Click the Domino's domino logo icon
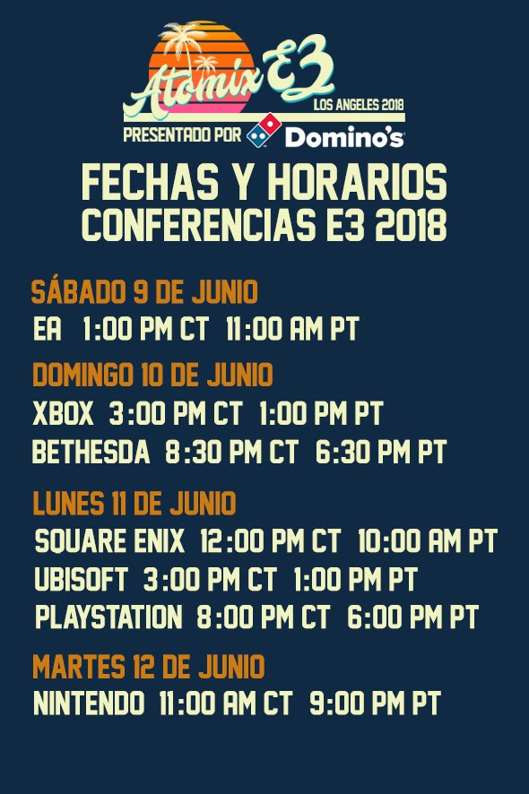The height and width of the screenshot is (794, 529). click(x=268, y=136)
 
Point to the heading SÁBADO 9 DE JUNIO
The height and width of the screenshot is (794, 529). click(x=144, y=292)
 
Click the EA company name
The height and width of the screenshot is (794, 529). click(x=47, y=329)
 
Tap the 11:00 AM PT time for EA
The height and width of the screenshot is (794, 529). click(x=292, y=329)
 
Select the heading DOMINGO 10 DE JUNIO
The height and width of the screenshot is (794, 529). click(x=152, y=374)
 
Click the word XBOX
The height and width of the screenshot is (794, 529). click(x=63, y=414)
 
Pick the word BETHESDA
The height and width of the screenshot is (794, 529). click(x=91, y=453)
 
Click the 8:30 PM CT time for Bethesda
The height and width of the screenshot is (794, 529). click(x=231, y=453)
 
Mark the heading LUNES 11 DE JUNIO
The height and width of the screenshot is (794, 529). click(x=134, y=504)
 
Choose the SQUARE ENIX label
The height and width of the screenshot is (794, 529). click(x=109, y=541)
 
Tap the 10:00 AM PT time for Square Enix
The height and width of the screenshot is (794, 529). click(x=427, y=541)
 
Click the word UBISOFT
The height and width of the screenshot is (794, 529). click(x=81, y=579)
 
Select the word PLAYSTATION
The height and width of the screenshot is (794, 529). click(x=108, y=617)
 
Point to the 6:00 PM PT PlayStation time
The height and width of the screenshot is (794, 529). click(x=413, y=617)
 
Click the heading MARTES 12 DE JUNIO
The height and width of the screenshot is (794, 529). click(x=149, y=667)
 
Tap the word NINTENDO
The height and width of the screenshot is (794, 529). click(x=89, y=703)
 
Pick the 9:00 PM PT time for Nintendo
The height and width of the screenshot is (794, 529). click(x=375, y=703)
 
